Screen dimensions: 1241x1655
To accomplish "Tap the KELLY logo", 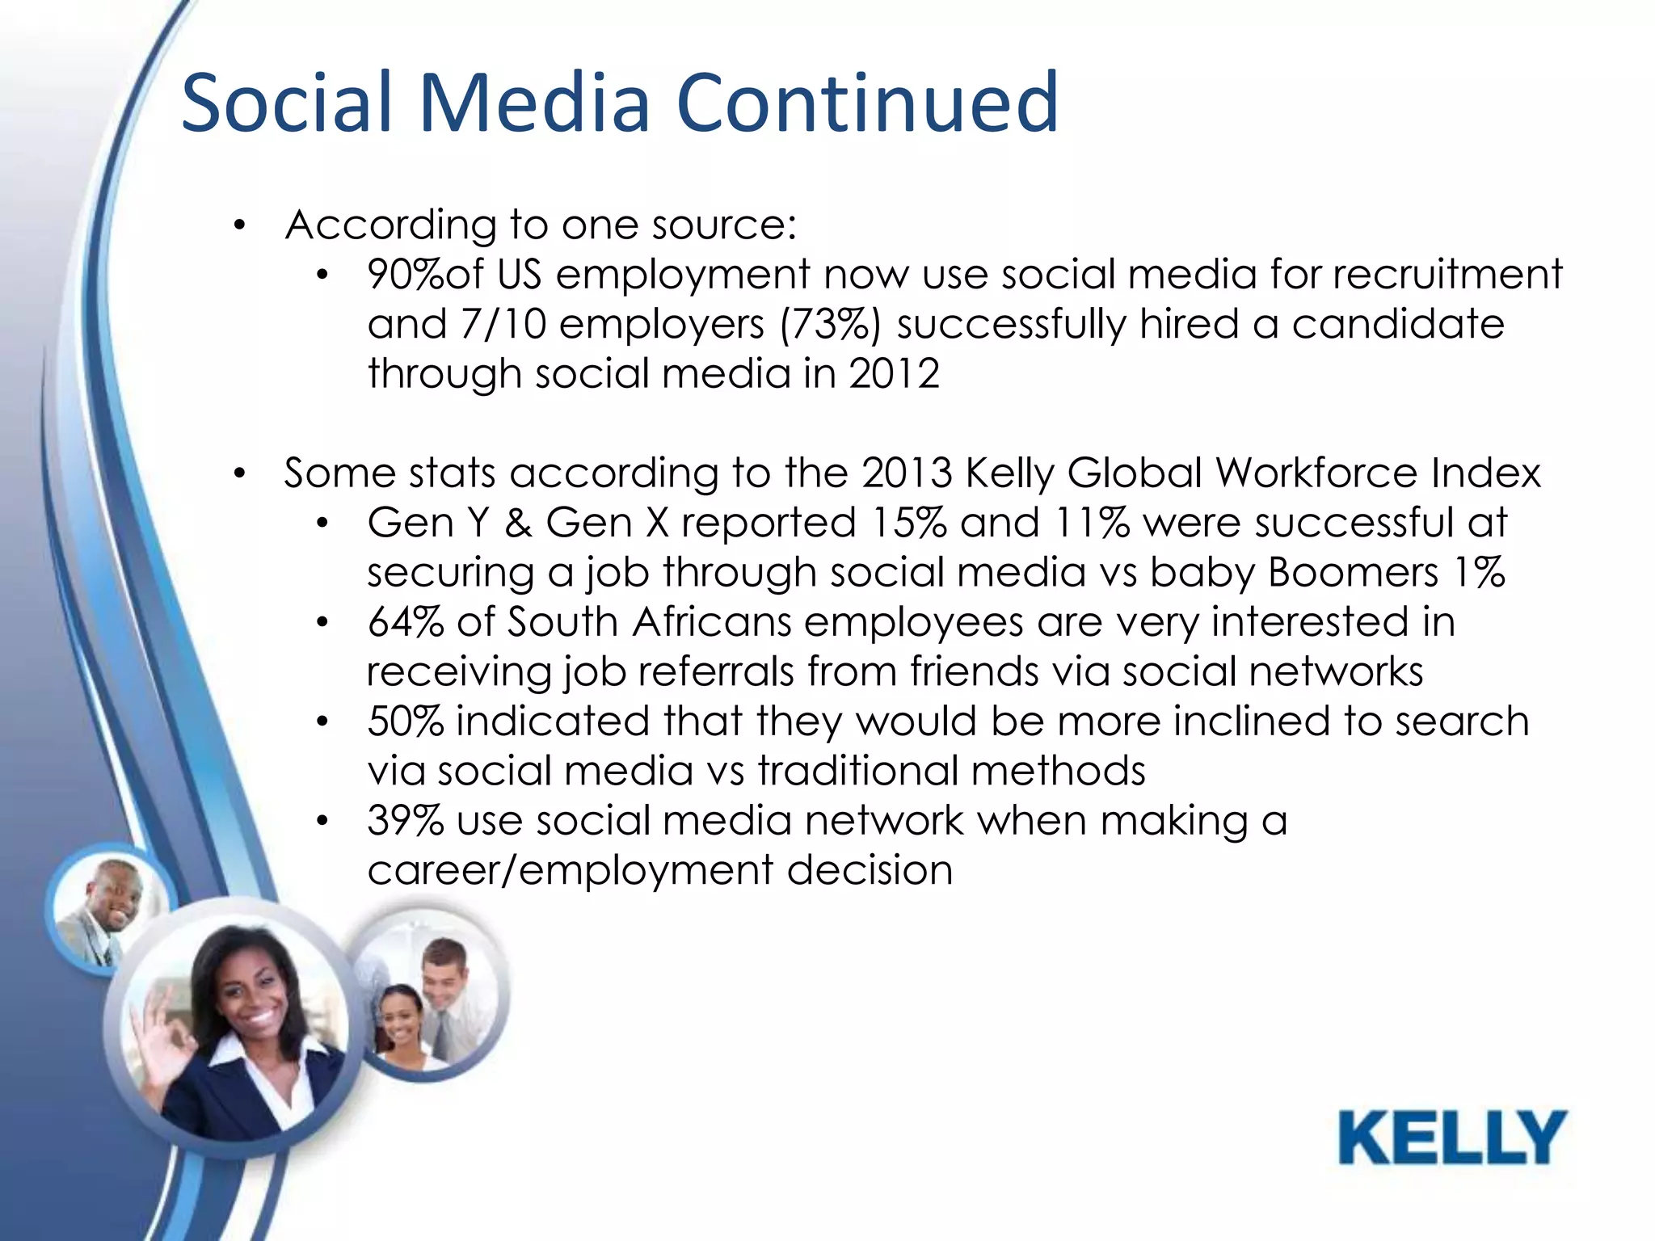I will (1452, 1138).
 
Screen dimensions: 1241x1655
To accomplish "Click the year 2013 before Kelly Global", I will (907, 473).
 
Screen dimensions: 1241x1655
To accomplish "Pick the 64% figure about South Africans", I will (405, 623).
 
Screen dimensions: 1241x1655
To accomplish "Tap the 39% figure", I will (405, 822).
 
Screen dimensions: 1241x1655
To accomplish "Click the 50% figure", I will (405, 722).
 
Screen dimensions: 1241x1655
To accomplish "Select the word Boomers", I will (1353, 573).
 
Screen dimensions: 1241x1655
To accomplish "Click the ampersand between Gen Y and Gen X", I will (518, 524).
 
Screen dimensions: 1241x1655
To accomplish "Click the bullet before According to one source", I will (238, 226).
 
